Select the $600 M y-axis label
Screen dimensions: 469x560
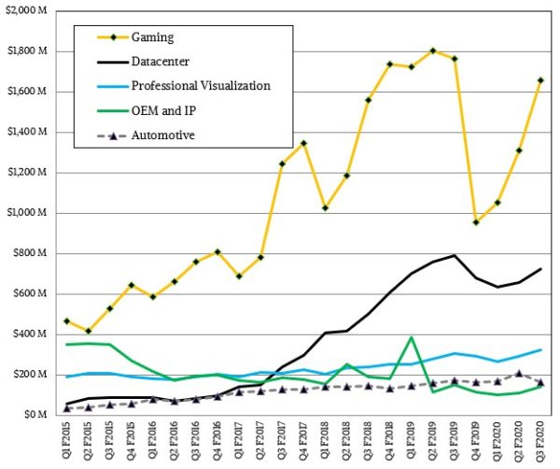[x=31, y=293]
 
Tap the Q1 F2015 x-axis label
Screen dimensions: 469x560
[x=68, y=444]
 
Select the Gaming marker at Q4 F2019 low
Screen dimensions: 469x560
[x=476, y=222]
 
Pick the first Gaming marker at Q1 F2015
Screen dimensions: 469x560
[x=66, y=321]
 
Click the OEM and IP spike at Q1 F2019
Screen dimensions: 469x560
[x=412, y=337]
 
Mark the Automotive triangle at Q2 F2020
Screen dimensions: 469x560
[x=519, y=373]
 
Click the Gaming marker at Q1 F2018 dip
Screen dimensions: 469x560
[x=325, y=207]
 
